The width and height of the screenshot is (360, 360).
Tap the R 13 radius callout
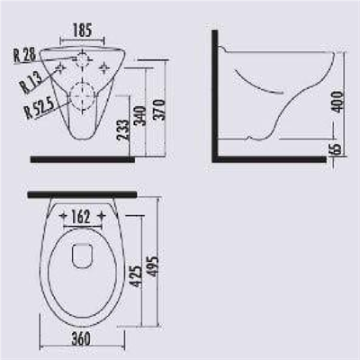(x=32, y=86)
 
